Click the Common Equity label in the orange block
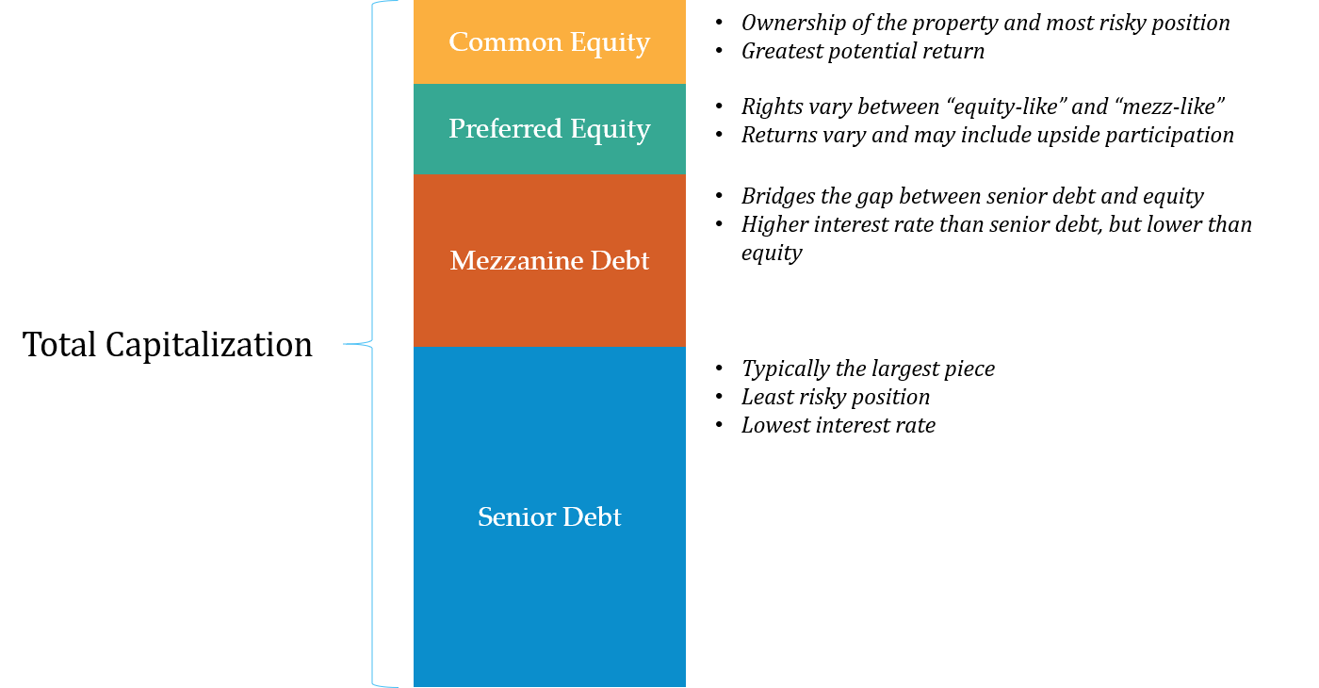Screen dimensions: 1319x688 tap(549, 42)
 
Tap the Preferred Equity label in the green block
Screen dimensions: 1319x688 tap(549, 129)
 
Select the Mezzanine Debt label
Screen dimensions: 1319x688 tap(549, 260)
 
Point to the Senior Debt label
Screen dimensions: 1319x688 tap(549, 516)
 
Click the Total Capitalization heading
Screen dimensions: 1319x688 tap(168, 345)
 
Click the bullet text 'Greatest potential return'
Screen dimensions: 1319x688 tap(863, 51)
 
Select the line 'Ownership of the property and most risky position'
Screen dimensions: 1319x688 tap(985, 23)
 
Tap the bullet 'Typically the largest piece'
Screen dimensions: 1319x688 tap(868, 369)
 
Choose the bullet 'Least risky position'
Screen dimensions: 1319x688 tap(836, 397)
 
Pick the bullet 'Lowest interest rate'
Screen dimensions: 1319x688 tap(839, 425)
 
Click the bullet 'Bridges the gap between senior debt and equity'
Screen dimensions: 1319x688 tap(972, 196)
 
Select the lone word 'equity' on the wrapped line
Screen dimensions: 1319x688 tap(772, 254)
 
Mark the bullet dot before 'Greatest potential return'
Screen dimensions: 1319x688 tap(719, 51)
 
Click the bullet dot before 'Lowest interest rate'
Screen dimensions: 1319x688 tap(719, 425)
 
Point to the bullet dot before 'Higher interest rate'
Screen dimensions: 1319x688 tap(719, 224)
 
